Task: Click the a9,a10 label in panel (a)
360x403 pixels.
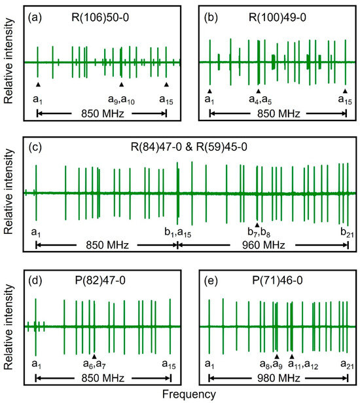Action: [x=121, y=100]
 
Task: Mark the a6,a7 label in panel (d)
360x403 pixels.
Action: [x=94, y=364]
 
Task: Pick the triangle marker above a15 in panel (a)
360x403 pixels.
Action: [x=167, y=85]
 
